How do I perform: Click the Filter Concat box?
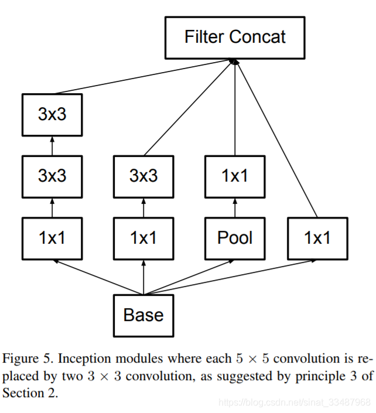(x=235, y=37)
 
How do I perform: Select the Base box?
(x=143, y=316)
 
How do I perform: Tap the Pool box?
(x=235, y=238)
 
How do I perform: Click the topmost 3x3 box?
(x=52, y=115)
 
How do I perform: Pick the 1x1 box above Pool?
(x=235, y=176)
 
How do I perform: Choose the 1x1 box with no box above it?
(x=317, y=238)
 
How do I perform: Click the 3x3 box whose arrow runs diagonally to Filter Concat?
(x=143, y=176)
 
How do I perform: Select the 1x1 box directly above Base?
(x=143, y=238)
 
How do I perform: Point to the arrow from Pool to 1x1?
(x=235, y=208)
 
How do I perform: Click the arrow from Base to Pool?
(x=189, y=277)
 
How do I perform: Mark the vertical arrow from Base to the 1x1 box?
(x=143, y=277)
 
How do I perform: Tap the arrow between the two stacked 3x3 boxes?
(x=52, y=146)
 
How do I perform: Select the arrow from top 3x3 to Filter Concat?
(x=144, y=76)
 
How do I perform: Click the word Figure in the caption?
(x=20, y=359)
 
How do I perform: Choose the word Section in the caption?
(x=23, y=393)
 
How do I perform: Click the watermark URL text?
(x=295, y=402)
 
